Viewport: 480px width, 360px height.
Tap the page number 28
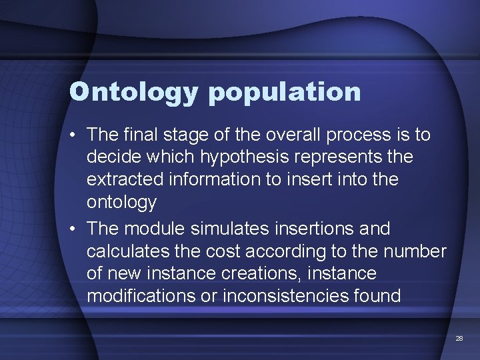coord(459,339)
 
